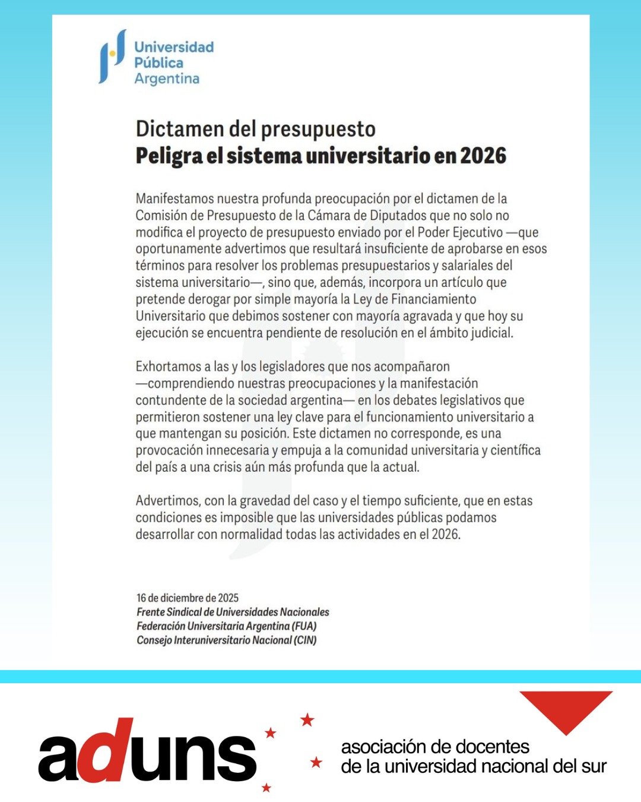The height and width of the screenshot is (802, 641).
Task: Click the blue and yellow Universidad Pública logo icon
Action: pyautogui.click(x=112, y=56)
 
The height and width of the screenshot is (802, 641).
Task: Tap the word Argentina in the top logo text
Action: pyautogui.click(x=167, y=79)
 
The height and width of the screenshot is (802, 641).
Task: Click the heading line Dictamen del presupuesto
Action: pyautogui.click(x=255, y=129)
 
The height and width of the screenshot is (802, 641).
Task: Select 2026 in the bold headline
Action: pyautogui.click(x=483, y=156)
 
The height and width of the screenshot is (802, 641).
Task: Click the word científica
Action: pyautogui.click(x=516, y=450)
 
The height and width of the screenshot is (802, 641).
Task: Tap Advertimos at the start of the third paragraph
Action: pyautogui.click(x=167, y=501)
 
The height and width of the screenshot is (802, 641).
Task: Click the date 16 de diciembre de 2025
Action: pyautogui.click(x=188, y=598)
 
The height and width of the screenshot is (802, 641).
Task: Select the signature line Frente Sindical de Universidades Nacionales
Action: pyautogui.click(x=233, y=612)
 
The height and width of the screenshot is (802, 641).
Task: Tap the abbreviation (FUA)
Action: pyautogui.click(x=304, y=626)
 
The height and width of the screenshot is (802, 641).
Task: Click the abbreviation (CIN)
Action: pyautogui.click(x=305, y=640)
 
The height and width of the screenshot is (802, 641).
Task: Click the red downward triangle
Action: pyautogui.click(x=566, y=710)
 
